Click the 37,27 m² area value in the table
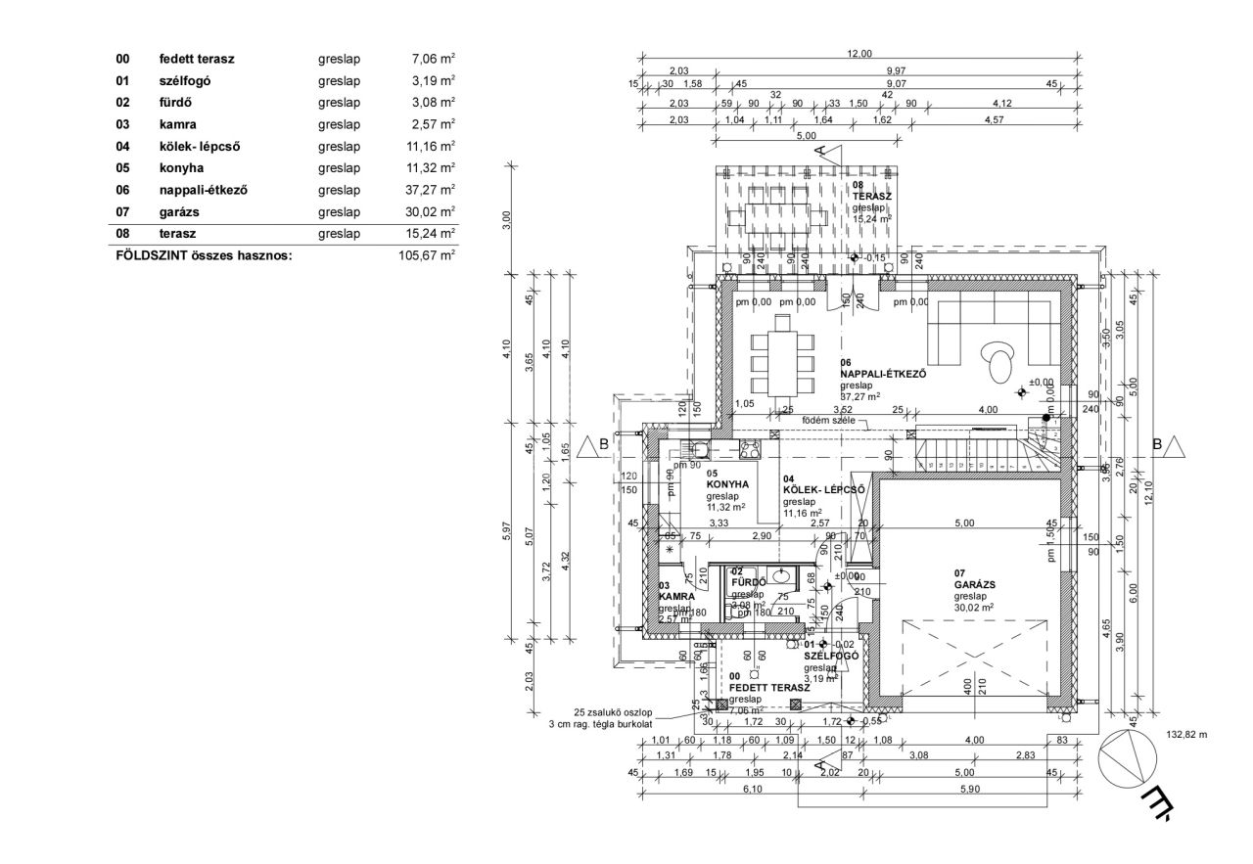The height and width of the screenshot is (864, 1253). coord(431,190)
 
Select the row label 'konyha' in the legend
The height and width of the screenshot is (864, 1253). coord(179,167)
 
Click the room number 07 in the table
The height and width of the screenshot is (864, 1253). coord(121,211)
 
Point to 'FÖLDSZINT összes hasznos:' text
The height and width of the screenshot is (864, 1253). coord(204,255)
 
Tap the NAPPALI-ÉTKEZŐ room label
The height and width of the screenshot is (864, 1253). coord(883,374)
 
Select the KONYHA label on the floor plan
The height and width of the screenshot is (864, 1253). coord(727,484)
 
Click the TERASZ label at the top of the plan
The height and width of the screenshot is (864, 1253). coord(871,196)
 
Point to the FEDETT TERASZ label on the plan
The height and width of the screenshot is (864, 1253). coord(769,688)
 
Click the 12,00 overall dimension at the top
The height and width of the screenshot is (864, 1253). coord(858,54)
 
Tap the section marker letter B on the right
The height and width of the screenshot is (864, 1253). coord(1157,444)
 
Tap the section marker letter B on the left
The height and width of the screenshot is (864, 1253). coord(604,444)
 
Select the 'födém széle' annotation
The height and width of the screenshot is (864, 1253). coord(829,421)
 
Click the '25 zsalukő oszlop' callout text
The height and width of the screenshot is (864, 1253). coord(613,712)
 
